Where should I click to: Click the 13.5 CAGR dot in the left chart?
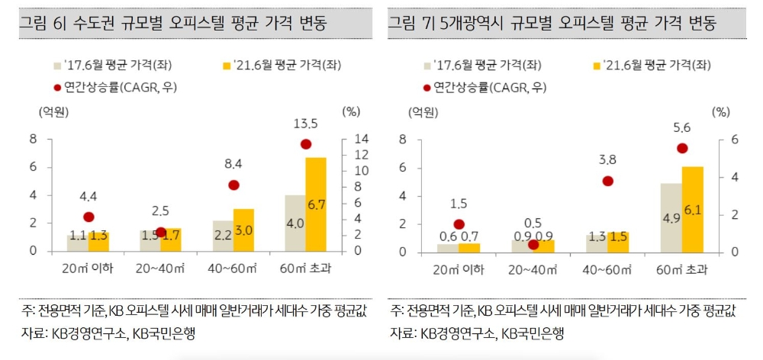(x=306, y=144)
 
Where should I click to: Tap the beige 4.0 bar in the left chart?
(x=295, y=223)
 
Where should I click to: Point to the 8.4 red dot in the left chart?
(x=233, y=185)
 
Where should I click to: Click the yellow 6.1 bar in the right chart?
(x=693, y=209)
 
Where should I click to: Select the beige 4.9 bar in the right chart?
(x=671, y=217)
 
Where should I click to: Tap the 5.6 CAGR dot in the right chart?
(x=683, y=148)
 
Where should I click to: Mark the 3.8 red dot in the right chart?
(x=608, y=181)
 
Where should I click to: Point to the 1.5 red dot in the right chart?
(x=459, y=224)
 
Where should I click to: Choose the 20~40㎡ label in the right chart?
(x=533, y=269)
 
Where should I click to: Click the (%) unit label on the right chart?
(x=720, y=111)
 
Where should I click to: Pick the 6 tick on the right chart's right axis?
(x=713, y=140)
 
